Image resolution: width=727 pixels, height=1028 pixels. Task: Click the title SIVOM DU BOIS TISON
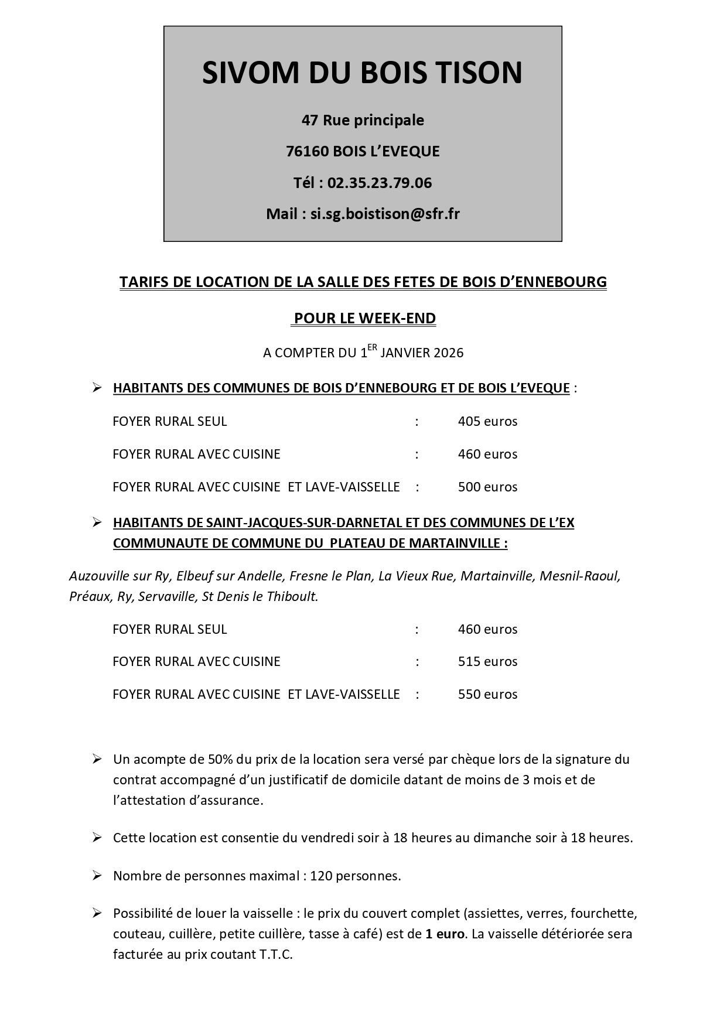pyautogui.click(x=362, y=73)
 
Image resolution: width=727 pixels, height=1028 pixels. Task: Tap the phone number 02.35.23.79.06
pyautogui.click(x=379, y=183)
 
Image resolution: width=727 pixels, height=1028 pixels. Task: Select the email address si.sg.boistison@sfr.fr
pyautogui.click(x=385, y=214)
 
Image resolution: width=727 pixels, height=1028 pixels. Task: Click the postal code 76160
pyautogui.click(x=307, y=151)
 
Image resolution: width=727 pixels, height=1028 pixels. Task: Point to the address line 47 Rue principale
pyautogui.click(x=363, y=120)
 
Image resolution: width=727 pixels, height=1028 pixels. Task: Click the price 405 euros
pyautogui.click(x=487, y=421)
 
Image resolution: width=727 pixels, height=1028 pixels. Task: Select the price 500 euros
pyautogui.click(x=487, y=487)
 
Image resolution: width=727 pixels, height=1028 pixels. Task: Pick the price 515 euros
pyautogui.click(x=487, y=661)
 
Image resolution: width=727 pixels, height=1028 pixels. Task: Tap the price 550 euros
pyautogui.click(x=487, y=694)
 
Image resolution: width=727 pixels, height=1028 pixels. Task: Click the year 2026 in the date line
pyautogui.click(x=449, y=353)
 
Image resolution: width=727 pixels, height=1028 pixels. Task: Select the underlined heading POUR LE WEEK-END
pyautogui.click(x=364, y=319)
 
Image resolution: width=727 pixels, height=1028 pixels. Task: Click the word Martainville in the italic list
pyautogui.click(x=497, y=576)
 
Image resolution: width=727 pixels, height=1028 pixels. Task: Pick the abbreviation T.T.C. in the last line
pyautogui.click(x=276, y=954)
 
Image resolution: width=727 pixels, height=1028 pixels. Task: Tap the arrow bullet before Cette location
pyautogui.click(x=97, y=837)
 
